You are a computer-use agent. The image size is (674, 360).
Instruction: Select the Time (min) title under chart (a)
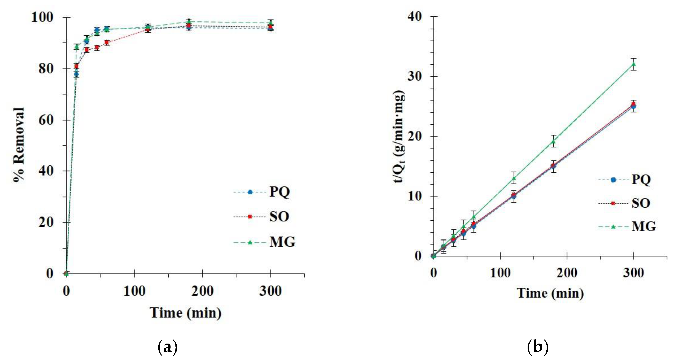[185, 313]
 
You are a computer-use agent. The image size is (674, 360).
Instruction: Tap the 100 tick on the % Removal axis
[42, 18]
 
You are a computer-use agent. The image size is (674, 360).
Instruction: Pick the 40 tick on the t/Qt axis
[415, 17]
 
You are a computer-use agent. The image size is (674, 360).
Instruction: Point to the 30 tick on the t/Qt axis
[415, 77]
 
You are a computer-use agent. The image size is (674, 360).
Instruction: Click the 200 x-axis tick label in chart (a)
[202, 291]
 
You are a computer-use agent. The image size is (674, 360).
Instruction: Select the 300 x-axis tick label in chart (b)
[633, 273]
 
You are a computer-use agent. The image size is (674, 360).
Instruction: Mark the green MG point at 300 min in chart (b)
[633, 64]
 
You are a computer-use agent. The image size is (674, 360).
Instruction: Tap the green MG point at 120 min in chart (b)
[514, 178]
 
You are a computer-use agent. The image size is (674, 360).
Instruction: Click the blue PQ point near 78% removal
[76, 74]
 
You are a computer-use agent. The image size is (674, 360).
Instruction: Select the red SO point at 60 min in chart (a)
[107, 42]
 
